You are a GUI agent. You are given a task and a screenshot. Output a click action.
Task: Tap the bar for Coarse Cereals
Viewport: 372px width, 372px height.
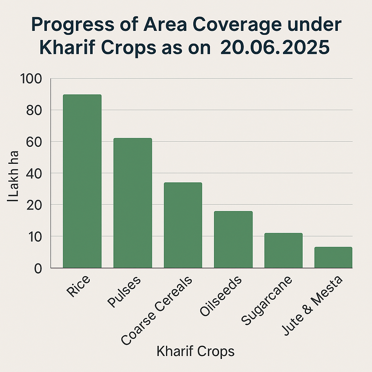click(183, 225)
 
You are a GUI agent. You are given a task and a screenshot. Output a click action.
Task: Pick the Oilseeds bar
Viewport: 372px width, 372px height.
click(233, 239)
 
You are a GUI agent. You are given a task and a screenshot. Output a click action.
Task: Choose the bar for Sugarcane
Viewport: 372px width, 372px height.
click(283, 250)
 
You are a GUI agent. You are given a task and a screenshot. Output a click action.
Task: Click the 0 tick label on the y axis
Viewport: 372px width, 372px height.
click(38, 268)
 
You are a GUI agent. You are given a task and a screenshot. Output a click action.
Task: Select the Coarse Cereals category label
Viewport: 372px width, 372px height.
click(157, 311)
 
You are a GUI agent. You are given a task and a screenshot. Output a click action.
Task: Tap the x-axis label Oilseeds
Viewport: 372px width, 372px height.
click(221, 296)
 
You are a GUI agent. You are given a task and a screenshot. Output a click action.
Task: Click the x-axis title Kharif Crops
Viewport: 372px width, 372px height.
click(195, 351)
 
